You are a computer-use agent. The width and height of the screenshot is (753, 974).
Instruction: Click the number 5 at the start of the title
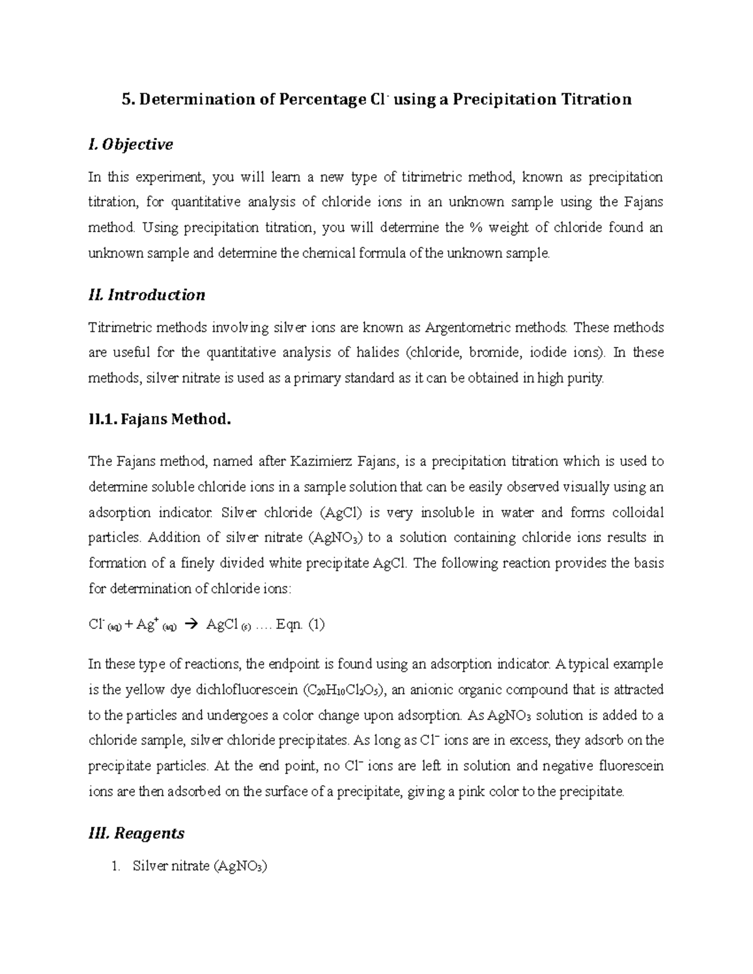(x=125, y=99)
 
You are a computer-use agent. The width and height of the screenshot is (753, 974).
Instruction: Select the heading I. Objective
(x=131, y=145)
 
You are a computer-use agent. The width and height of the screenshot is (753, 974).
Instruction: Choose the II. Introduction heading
(x=147, y=295)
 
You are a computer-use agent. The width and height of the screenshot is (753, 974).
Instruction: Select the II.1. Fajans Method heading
(x=160, y=419)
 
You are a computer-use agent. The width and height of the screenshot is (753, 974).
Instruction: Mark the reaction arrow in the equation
(x=193, y=625)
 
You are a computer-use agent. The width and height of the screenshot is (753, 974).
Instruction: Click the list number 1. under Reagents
(x=115, y=867)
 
